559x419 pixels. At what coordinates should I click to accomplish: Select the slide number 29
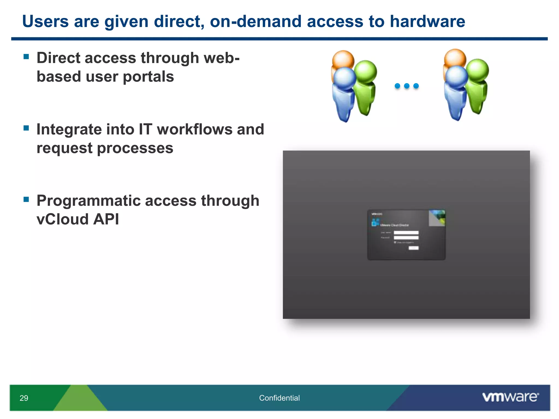(24, 398)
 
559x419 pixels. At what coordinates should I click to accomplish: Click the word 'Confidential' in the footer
(279, 398)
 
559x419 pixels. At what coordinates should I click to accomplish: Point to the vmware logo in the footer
(510, 397)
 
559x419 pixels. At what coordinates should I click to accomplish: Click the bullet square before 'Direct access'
(26, 57)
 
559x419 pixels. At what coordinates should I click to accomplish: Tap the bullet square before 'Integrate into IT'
(26, 128)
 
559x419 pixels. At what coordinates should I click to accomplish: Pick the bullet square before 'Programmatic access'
(26, 199)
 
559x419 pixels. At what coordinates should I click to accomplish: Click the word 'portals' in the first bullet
(148, 77)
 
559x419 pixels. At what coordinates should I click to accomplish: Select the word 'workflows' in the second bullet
(194, 129)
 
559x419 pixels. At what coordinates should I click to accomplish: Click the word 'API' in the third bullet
(106, 219)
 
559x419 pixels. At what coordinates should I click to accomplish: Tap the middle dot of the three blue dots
(407, 86)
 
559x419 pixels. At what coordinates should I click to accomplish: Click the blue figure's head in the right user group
(457, 76)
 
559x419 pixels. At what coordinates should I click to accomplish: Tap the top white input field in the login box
(406, 233)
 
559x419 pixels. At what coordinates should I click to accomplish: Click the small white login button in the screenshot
(413, 248)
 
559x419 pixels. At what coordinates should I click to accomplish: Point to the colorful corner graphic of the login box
(437, 218)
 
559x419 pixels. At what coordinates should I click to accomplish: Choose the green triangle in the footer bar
(79, 400)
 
